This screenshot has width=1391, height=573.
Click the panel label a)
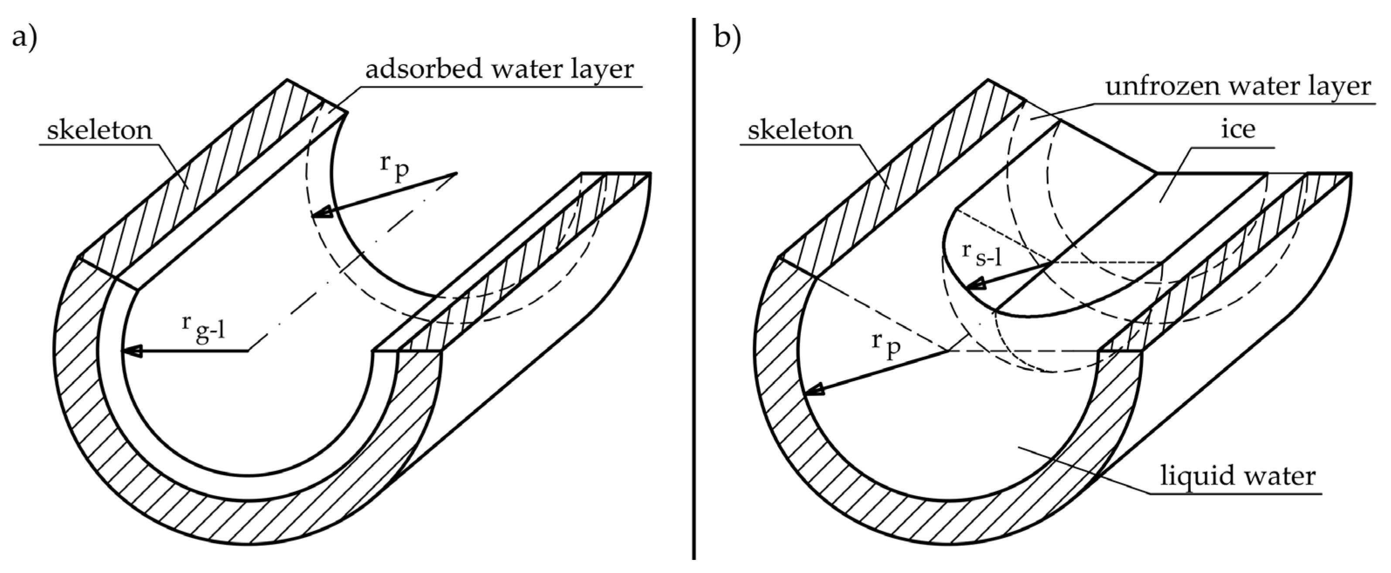click(x=24, y=39)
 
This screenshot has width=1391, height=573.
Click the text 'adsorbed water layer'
click(x=499, y=70)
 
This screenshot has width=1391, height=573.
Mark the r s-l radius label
click(x=982, y=253)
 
